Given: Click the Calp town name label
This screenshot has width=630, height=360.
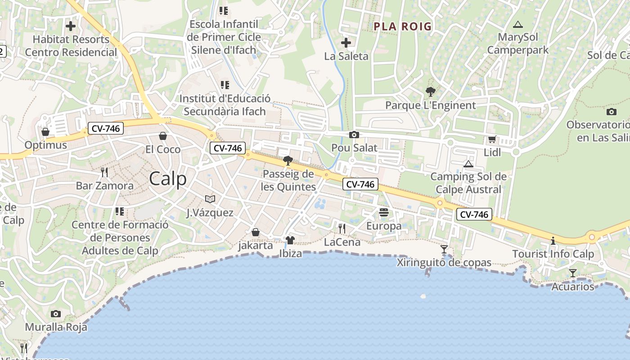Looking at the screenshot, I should tap(167, 179).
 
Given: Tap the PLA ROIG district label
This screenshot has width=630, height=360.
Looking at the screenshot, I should tap(402, 27).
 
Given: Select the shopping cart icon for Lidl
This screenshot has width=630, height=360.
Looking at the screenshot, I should tap(492, 139).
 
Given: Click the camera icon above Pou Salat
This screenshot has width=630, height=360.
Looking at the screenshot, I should tap(354, 135).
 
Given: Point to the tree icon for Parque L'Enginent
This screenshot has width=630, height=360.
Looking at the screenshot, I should tap(430, 92).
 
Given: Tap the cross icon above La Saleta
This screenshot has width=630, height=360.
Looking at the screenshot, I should tap(346, 43).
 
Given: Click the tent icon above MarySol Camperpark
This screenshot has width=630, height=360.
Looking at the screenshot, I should tap(518, 24).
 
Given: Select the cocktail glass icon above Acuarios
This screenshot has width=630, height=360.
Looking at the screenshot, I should tap(572, 273).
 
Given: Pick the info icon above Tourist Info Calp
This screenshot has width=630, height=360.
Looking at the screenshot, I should tap(553, 241).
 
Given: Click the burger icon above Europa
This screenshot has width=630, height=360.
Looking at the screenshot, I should tap(384, 212).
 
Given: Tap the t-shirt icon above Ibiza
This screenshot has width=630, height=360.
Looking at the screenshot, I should tap(290, 240).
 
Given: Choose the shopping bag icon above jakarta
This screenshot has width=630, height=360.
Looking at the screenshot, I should tap(256, 232).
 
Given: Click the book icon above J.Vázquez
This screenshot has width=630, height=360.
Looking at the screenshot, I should tap(210, 199).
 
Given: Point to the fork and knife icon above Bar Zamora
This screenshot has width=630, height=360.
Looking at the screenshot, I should tap(104, 172).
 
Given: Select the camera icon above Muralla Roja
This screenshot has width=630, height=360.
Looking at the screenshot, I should tap(56, 314).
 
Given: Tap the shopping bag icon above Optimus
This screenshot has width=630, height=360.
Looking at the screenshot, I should tap(45, 132).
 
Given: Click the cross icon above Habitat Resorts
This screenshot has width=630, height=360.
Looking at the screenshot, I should tap(71, 26).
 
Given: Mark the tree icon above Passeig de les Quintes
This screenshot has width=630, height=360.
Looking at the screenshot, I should tap(288, 161).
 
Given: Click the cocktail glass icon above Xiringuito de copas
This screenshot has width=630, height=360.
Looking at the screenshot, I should tap(444, 249).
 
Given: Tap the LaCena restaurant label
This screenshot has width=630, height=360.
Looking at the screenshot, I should tap(342, 242).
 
